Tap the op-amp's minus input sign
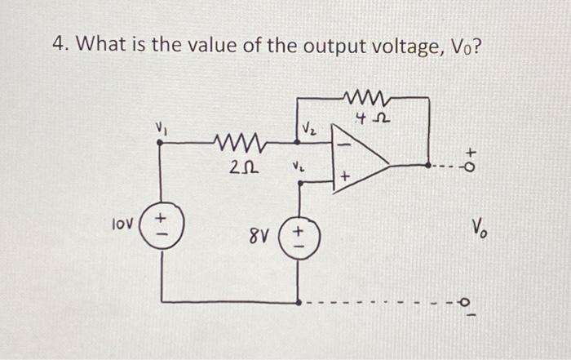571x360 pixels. coord(343,145)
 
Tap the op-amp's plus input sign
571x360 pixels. coord(346,176)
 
